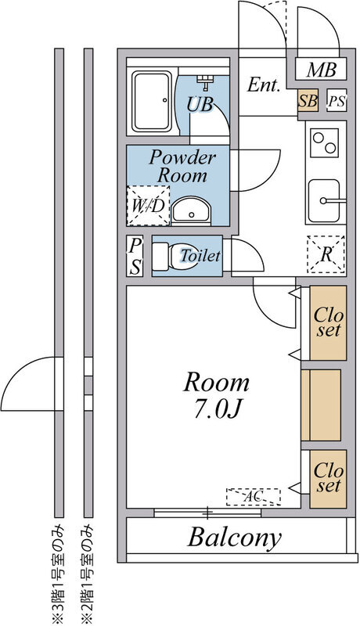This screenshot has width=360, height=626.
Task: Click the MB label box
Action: [321, 70]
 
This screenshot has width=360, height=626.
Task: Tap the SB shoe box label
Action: [308, 101]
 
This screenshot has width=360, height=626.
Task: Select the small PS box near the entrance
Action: [336, 101]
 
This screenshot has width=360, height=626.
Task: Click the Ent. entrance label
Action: [264, 85]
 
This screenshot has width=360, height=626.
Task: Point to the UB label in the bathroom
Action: [200, 103]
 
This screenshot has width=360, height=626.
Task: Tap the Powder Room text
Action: [182, 166]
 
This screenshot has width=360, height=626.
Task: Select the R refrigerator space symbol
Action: [326, 254]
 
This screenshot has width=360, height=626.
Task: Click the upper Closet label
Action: [327, 323]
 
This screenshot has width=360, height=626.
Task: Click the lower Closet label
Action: [327, 478]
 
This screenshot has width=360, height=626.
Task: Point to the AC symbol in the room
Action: [253, 497]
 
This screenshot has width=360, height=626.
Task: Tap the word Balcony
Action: [234, 538]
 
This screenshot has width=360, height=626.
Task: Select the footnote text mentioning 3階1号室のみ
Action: [58, 573]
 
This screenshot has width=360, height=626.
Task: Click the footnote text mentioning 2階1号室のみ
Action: [88, 573]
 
